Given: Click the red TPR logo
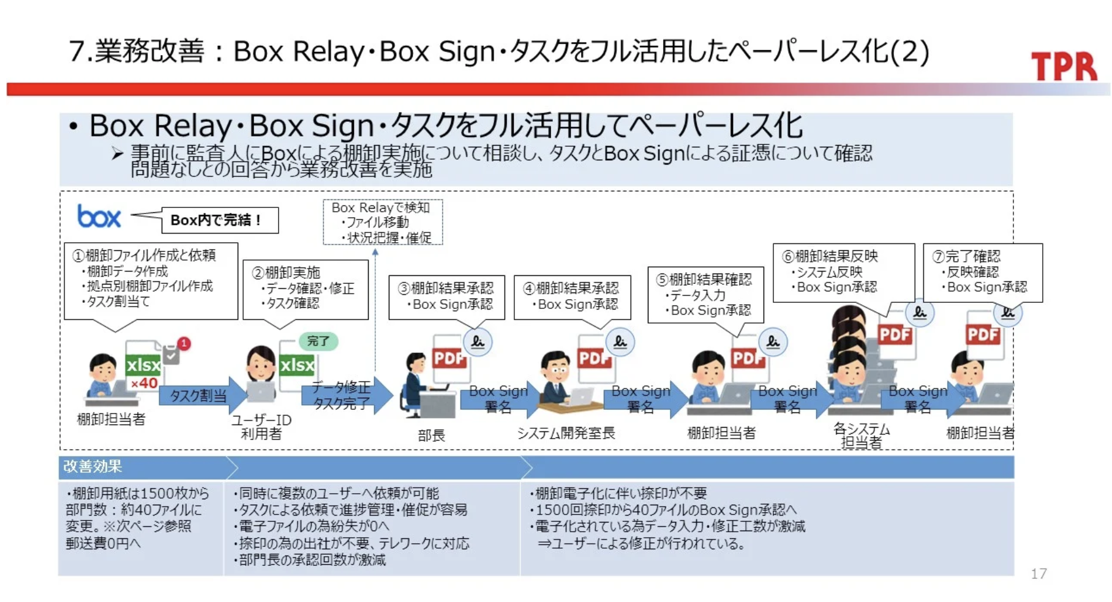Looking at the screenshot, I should [x=1064, y=66].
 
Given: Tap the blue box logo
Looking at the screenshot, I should [x=99, y=217].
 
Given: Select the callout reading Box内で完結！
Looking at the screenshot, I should [x=219, y=220].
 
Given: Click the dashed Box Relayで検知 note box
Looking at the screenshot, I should [x=383, y=222].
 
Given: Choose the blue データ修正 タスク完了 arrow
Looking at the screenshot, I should [x=345, y=395].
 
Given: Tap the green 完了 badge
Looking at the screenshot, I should [x=318, y=341].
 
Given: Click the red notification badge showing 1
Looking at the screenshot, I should [x=184, y=343].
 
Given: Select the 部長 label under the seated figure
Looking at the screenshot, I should [x=431, y=436].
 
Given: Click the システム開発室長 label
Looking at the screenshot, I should [x=566, y=433].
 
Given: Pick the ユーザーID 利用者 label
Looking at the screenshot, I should [x=261, y=427].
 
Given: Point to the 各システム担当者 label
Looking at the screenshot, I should [x=861, y=436].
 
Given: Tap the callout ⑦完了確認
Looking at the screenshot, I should [x=982, y=272].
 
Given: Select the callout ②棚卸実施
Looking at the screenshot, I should [x=306, y=288].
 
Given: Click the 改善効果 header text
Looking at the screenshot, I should [x=92, y=467].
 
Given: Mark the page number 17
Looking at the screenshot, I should [x=1039, y=574].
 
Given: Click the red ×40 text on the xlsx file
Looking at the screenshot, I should [x=144, y=383].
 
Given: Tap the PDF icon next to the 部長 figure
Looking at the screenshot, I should [x=449, y=359].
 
